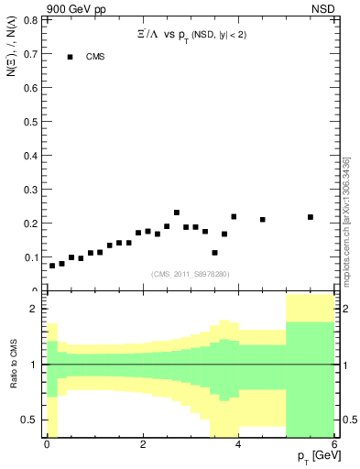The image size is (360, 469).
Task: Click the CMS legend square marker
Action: coord(70,57)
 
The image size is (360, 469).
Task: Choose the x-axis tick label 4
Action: coord(238,444)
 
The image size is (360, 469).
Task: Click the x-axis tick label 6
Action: coord(333,444)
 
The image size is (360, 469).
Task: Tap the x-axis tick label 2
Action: coord(143,444)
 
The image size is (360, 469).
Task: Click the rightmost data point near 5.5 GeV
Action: coord(311,217)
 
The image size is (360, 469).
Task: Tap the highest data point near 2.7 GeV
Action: coord(177,213)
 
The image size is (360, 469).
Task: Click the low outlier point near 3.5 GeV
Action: coord(214,253)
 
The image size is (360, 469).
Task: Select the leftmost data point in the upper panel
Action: coord(52,266)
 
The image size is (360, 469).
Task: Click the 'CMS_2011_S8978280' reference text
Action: coord(191,274)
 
